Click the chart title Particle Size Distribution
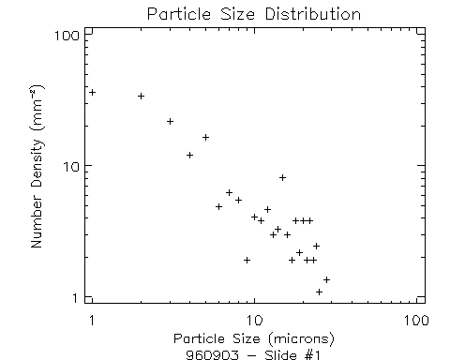254,14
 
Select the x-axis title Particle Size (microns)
254,337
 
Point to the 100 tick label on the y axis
66,35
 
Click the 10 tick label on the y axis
69,166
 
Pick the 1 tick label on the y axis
74,298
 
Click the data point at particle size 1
92,92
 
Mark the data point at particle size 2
141,96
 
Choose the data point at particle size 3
170,121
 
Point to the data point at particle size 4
189,155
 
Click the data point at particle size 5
205,137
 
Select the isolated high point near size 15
282,177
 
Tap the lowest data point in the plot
319,292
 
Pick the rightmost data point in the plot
326,279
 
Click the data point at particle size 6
218,206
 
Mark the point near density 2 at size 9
247,260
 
